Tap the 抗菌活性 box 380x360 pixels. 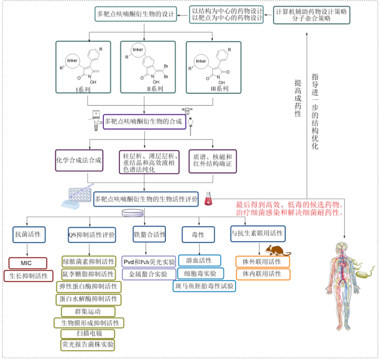click(x=28, y=235)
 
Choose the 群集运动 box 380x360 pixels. click(x=88, y=311)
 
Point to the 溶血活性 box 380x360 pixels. click(x=199, y=260)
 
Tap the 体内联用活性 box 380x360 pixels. click(x=262, y=274)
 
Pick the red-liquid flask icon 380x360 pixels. click(x=209, y=199)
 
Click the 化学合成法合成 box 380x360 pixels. click(x=79, y=160)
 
